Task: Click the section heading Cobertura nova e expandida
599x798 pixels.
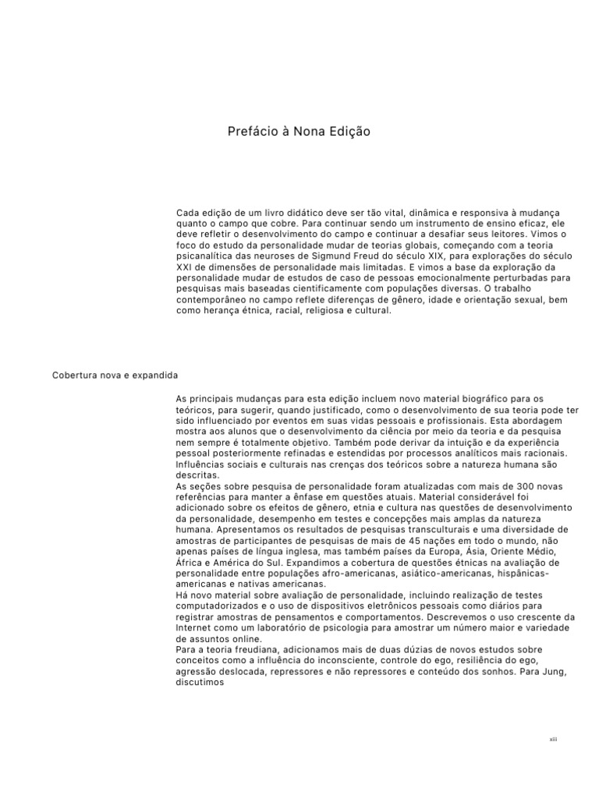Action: coord(115,375)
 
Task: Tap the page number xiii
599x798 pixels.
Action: coord(553,738)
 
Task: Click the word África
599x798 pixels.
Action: coord(190,562)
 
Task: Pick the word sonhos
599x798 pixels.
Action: coord(491,670)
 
